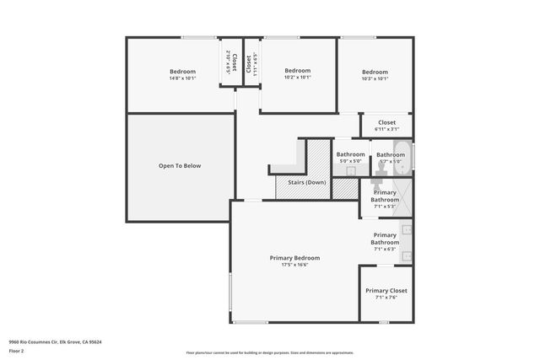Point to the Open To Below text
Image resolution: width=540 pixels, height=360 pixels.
[180, 165]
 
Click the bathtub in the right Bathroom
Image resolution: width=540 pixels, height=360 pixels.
[402, 160]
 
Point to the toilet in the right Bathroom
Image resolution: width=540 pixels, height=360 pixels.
[379, 168]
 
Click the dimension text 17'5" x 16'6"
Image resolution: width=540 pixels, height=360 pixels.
[294, 265]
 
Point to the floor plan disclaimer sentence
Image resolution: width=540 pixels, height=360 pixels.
[270, 352]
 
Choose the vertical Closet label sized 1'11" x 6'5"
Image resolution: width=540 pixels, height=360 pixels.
[250, 64]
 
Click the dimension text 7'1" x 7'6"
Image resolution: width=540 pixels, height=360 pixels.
[386, 297]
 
